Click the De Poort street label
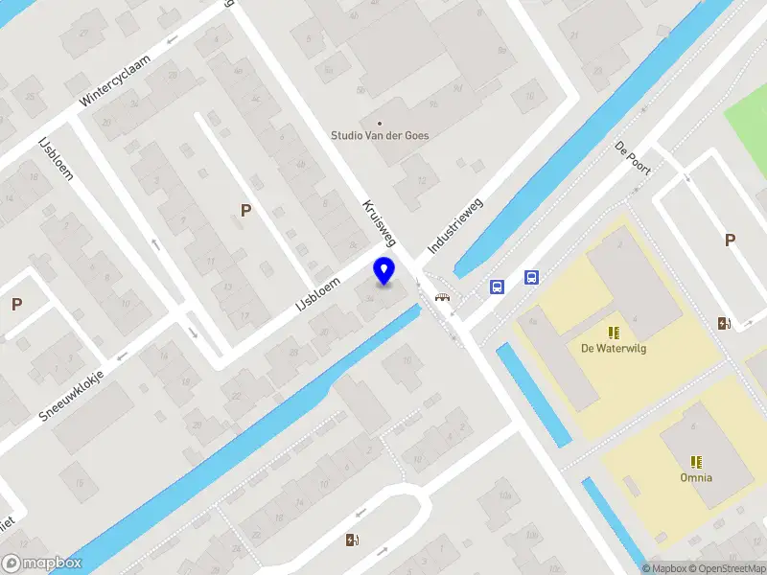tap(633, 157)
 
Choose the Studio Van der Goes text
tap(380, 136)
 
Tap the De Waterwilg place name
tap(614, 349)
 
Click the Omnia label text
tap(696, 477)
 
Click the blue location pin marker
tap(383, 271)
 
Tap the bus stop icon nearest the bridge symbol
tap(497, 287)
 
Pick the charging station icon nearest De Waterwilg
tap(724, 323)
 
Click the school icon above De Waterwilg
tap(614, 333)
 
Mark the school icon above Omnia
tap(696, 461)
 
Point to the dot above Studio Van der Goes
tap(380, 123)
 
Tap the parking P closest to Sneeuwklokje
tap(16, 305)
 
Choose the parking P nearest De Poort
tap(731, 241)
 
